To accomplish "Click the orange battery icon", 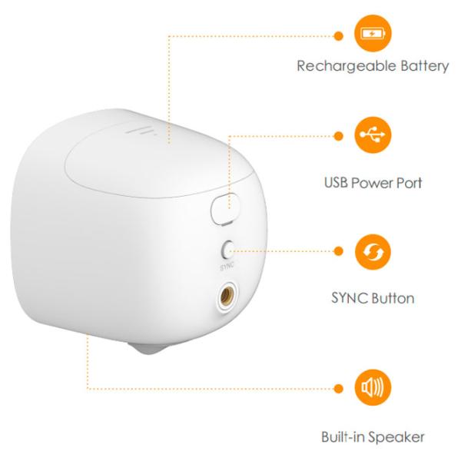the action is tap(373, 33).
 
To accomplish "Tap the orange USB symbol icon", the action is tap(373, 134).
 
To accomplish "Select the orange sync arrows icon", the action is tap(373, 252).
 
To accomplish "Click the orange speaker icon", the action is tap(373, 387).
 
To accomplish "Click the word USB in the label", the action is tap(336, 183).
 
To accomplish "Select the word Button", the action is tap(393, 298).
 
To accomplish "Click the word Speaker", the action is tap(400, 437).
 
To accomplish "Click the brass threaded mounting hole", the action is tap(226, 297).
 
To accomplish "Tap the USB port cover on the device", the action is tap(225, 209).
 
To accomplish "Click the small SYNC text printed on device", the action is tap(227, 266).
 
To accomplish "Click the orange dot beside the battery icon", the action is tap(338, 36).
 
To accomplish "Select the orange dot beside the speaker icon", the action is tap(338, 388).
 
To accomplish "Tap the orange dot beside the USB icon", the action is tap(338, 136).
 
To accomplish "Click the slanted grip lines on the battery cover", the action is tap(141, 131).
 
